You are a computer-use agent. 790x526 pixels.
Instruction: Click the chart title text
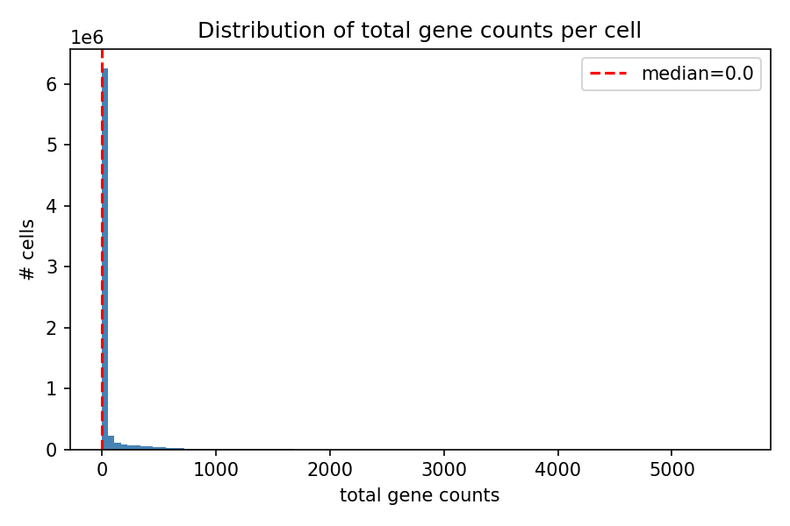click(x=420, y=31)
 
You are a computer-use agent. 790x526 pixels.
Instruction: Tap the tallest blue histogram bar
click(x=105, y=263)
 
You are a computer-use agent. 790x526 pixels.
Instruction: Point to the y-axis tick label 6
click(x=53, y=84)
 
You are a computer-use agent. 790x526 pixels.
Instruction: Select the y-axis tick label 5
click(x=53, y=145)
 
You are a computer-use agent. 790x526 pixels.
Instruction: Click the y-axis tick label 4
click(x=53, y=206)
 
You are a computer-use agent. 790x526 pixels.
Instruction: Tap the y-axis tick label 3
click(x=53, y=267)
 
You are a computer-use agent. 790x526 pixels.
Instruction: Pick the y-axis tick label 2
click(x=53, y=328)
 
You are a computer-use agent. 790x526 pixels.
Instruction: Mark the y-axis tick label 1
click(x=53, y=388)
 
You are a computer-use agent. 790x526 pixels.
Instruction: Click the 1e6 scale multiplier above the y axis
click(x=86, y=38)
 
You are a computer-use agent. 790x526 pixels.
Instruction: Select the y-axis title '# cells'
click(x=28, y=250)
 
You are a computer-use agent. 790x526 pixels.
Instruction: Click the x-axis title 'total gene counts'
click(x=420, y=496)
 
